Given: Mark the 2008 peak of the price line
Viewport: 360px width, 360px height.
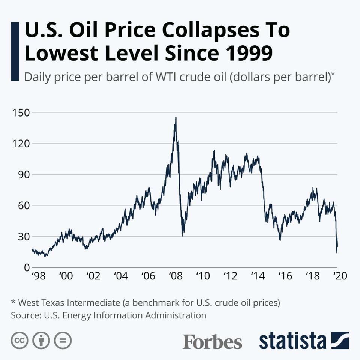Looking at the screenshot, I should pos(175,118).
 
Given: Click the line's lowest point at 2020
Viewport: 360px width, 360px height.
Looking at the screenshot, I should pos(337,252).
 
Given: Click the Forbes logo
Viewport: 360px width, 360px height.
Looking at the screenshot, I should pos(212,342).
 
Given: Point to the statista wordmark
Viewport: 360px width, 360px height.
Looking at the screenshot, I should pos(292,341).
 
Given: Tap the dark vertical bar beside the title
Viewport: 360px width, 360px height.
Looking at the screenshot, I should pos(15,51).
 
